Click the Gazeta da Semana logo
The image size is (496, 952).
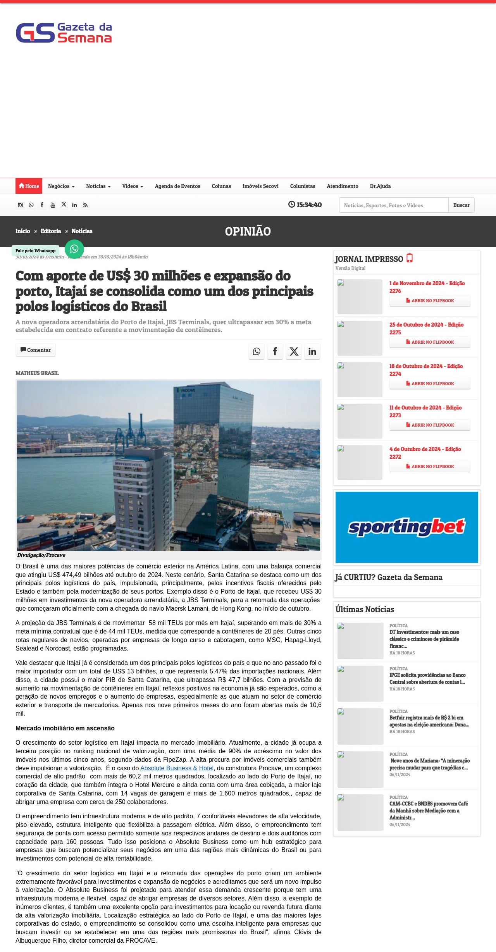64,33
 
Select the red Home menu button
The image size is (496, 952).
29,186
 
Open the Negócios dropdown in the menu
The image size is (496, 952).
61,186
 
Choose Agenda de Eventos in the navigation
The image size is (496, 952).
177,186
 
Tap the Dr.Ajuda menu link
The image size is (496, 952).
380,186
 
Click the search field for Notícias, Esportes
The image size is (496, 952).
393,205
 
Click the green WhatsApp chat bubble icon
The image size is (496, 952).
74,249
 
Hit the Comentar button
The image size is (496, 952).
36,350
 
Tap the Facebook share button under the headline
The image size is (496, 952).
275,351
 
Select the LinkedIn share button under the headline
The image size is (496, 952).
312,351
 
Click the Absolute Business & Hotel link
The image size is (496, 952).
177,768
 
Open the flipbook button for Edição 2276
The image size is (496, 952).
430,301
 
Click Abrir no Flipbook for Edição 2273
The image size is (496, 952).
430,425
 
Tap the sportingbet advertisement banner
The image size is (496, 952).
407,527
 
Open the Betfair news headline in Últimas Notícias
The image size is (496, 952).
429,721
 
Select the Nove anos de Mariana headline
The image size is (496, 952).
429,764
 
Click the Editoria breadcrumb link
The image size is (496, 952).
51,231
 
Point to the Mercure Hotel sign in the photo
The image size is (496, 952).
129,464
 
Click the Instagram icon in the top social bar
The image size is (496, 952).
20,205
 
